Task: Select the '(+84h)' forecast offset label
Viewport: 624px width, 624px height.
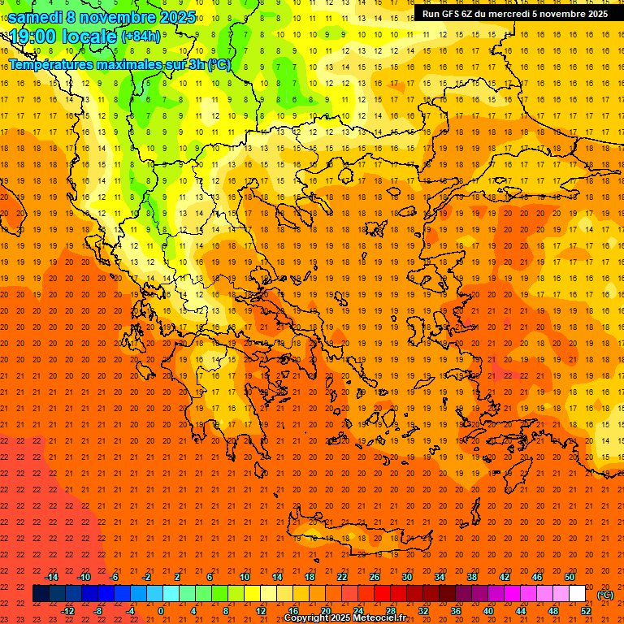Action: pyautogui.click(x=141, y=37)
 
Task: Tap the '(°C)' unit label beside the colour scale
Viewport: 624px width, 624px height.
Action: pyautogui.click(x=604, y=595)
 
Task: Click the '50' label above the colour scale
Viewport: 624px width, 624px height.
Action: pyautogui.click(x=570, y=577)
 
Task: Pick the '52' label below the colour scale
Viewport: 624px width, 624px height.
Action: pyautogui.click(x=586, y=611)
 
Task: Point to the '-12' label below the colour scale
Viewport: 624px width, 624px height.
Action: pyautogui.click(x=67, y=611)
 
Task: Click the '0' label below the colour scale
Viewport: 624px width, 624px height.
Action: pyautogui.click(x=161, y=611)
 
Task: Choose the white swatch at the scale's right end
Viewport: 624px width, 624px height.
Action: pyautogui.click(x=578, y=594)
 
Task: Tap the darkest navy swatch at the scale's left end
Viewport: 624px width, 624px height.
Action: pyautogui.click(x=41, y=594)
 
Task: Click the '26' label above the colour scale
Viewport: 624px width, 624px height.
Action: pyautogui.click(x=375, y=577)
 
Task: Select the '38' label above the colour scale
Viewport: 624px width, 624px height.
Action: pyautogui.click(x=472, y=577)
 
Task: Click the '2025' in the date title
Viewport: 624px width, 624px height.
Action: pyautogui.click(x=178, y=17)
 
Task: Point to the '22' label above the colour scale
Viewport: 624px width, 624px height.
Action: pyautogui.click(x=342, y=577)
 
